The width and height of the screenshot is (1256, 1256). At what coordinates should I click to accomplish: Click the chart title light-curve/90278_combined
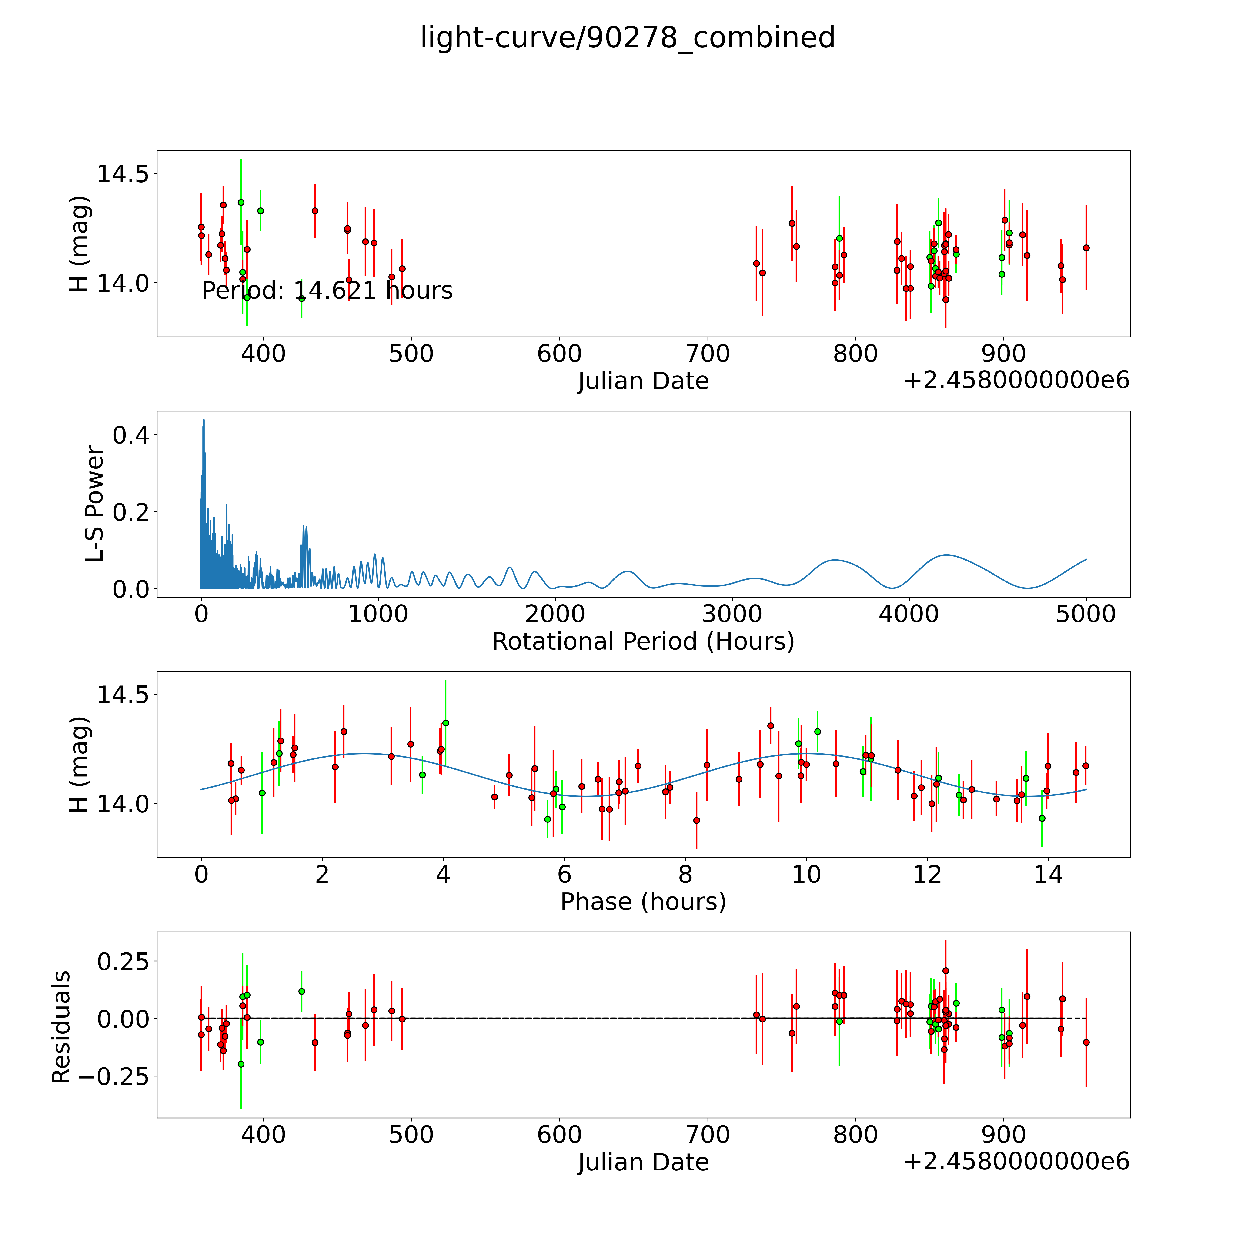[x=627, y=38]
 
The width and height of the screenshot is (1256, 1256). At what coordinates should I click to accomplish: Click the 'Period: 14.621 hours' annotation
[x=327, y=291]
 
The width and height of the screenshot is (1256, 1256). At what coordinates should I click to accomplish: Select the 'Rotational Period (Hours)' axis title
[x=643, y=642]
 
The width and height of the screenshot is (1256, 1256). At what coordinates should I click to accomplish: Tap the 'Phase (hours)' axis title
[x=643, y=902]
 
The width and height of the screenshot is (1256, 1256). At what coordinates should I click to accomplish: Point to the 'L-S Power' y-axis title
[x=95, y=504]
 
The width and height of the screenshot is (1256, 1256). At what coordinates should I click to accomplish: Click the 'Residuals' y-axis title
[x=61, y=1027]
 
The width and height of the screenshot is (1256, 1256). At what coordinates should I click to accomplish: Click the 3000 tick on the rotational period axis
[x=732, y=614]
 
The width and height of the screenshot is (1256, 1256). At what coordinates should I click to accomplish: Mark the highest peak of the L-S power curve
[x=204, y=420]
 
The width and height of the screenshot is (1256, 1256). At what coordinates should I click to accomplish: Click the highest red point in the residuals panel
[x=945, y=971]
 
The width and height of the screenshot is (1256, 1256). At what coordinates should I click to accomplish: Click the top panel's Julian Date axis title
[x=643, y=381]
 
